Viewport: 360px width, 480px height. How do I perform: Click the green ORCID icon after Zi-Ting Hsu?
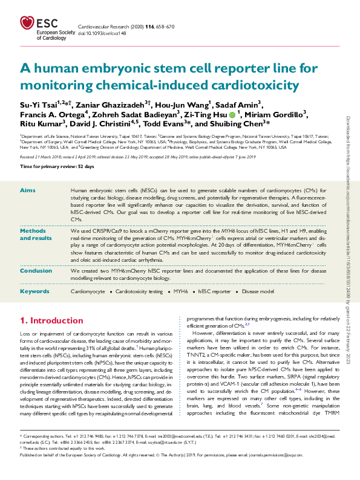coord(232,113)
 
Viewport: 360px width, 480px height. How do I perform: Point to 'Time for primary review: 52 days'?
coord(48,166)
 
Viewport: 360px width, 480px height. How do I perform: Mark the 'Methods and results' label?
coord(33,235)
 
